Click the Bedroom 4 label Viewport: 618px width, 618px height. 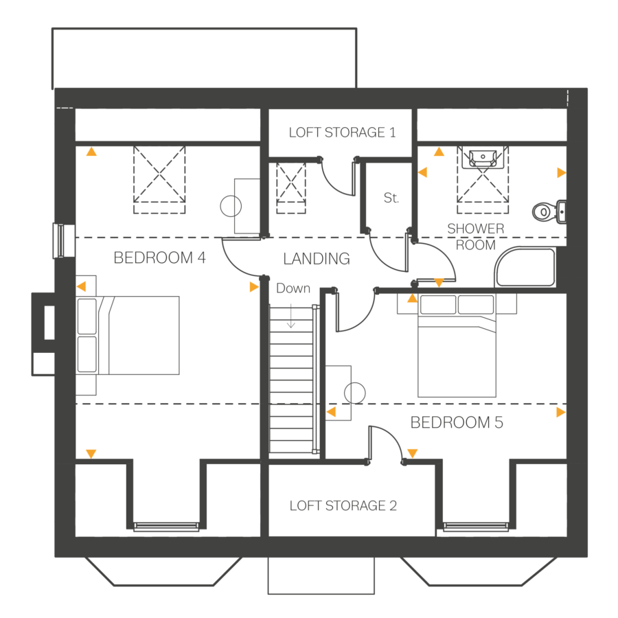[159, 258]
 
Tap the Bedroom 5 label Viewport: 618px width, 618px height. [457, 422]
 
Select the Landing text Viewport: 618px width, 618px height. [316, 259]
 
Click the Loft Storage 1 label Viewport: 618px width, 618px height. [342, 133]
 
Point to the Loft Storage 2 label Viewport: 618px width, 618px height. [343, 506]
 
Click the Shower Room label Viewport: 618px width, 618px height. [476, 237]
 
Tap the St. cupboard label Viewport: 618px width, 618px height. [391, 198]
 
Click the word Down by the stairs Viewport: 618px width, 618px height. [293, 288]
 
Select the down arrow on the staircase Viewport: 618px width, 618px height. [290, 317]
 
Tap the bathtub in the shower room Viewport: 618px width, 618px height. [525, 268]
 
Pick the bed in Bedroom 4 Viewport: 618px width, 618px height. [130, 335]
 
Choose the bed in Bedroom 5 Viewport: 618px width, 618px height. [457, 347]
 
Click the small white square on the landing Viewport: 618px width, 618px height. [309, 280]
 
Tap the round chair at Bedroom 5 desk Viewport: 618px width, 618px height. [354, 393]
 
